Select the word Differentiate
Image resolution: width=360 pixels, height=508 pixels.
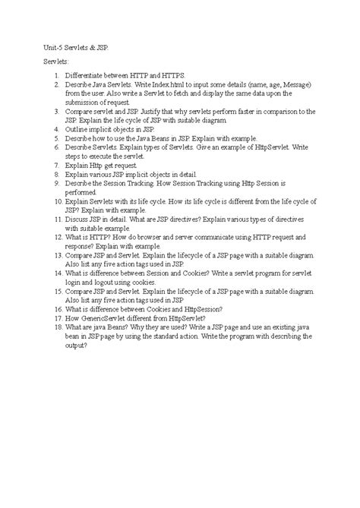tap(87, 75)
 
